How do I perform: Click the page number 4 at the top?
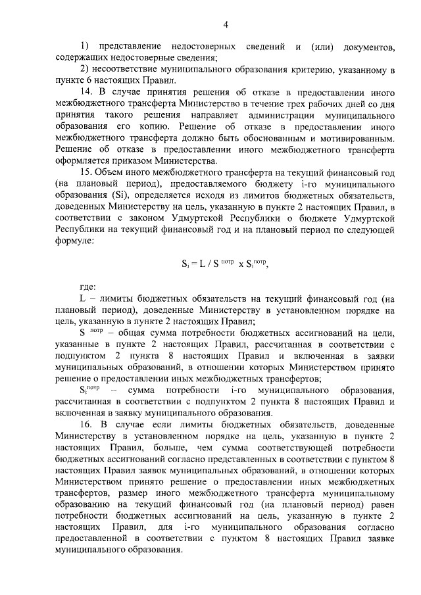tap(226, 25)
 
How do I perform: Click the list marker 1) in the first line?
tap(85, 47)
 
